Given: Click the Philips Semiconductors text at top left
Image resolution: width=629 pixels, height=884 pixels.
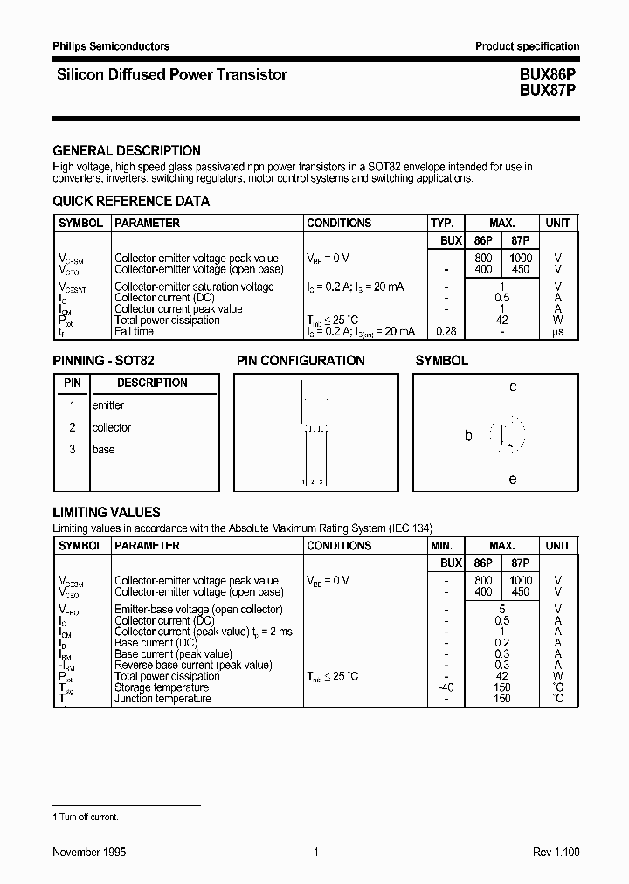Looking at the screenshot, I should (x=111, y=46).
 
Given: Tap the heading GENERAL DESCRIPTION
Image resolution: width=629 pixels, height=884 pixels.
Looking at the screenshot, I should (x=127, y=150).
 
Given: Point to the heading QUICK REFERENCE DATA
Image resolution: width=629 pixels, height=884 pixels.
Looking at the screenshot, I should (x=131, y=201).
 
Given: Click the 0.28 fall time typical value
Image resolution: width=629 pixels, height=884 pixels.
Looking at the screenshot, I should (x=446, y=331).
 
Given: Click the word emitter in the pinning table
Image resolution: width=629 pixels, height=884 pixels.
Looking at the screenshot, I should (x=108, y=405).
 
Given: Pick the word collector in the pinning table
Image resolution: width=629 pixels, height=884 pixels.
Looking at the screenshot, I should (x=112, y=427).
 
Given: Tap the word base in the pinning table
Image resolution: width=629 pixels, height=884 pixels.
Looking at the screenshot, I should (x=103, y=449).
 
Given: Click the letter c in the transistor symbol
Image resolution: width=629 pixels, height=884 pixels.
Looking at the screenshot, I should (x=513, y=387).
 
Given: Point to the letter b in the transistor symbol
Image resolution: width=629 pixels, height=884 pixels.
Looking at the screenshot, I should (x=468, y=435).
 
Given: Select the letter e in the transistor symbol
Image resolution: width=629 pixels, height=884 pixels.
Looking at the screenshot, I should (x=513, y=479).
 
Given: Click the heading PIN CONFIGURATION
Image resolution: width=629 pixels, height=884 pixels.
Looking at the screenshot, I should (x=301, y=360).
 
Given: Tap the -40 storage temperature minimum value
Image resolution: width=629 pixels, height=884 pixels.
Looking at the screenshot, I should (x=445, y=687).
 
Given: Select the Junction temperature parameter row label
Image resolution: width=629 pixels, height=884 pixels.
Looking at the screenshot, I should (x=162, y=699).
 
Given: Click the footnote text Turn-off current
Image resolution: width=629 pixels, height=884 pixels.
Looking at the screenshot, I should (x=88, y=817).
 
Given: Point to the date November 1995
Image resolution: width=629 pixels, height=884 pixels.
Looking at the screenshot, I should (x=89, y=852).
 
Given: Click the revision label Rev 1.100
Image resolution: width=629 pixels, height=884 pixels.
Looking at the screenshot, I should (x=556, y=852).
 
